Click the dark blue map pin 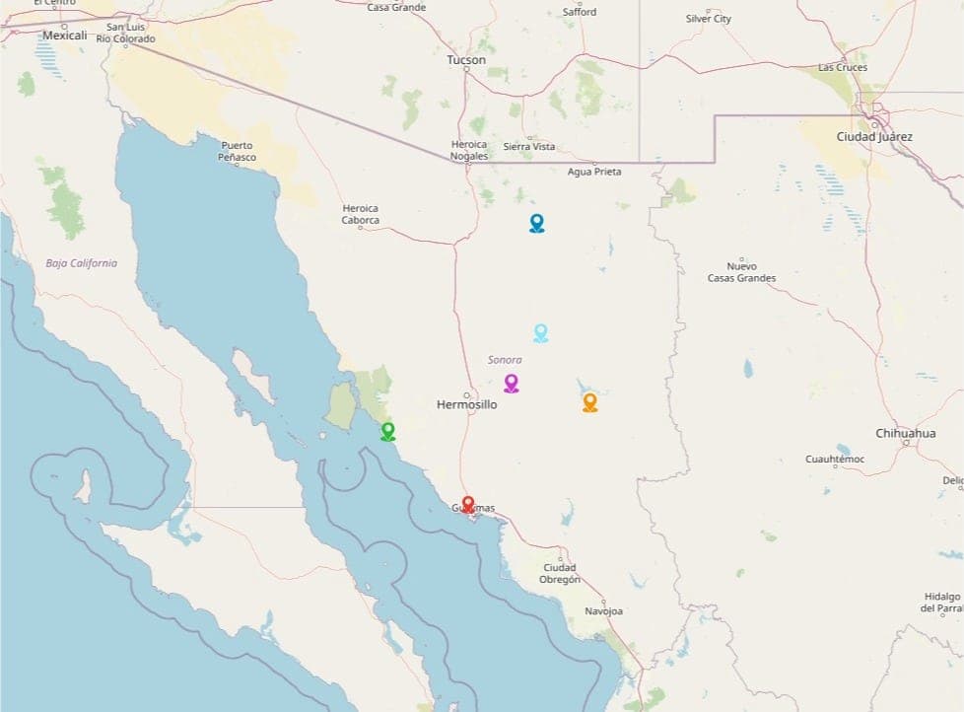click(x=536, y=223)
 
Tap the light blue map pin click(x=540, y=332)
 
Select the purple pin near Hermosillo click(x=511, y=383)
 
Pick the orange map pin click(x=589, y=401)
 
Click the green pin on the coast click(x=387, y=431)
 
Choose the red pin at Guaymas click(x=468, y=504)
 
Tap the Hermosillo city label click(x=466, y=405)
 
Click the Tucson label click(x=466, y=60)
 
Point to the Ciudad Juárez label click(x=874, y=137)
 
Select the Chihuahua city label click(x=905, y=434)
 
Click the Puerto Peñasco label click(x=237, y=151)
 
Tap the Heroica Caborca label click(x=360, y=214)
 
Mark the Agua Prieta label click(x=594, y=172)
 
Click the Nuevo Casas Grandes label click(x=741, y=272)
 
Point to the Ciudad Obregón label click(x=560, y=573)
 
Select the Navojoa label click(x=603, y=611)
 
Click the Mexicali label click(x=65, y=36)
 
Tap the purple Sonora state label click(x=505, y=360)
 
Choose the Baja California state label click(x=81, y=263)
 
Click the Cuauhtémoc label click(x=835, y=460)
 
